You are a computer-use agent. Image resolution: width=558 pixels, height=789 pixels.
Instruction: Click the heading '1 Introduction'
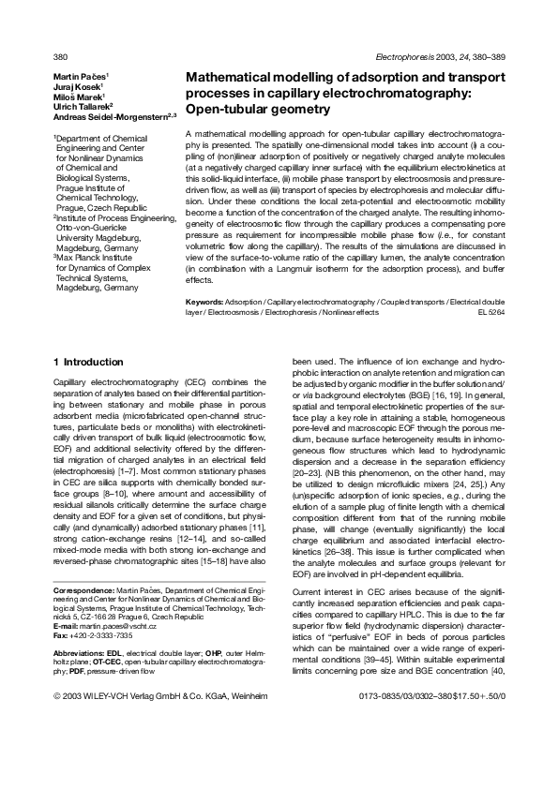pos(88,362)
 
